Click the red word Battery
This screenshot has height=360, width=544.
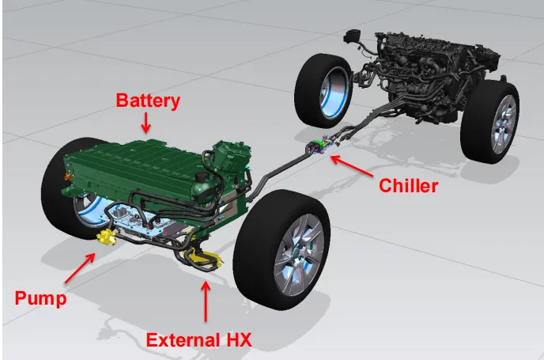click(x=148, y=100)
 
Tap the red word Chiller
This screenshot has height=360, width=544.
click(x=408, y=186)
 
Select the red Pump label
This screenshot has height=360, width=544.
click(x=40, y=298)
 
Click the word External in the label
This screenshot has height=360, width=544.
click(x=183, y=340)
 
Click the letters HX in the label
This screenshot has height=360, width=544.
click(x=240, y=340)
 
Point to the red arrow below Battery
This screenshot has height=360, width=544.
click(x=146, y=123)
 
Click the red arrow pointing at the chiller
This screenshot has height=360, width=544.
click(x=352, y=166)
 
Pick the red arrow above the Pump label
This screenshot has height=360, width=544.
click(x=79, y=268)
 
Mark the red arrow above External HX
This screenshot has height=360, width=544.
click(x=206, y=301)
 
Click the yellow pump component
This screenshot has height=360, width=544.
click(x=106, y=237)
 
